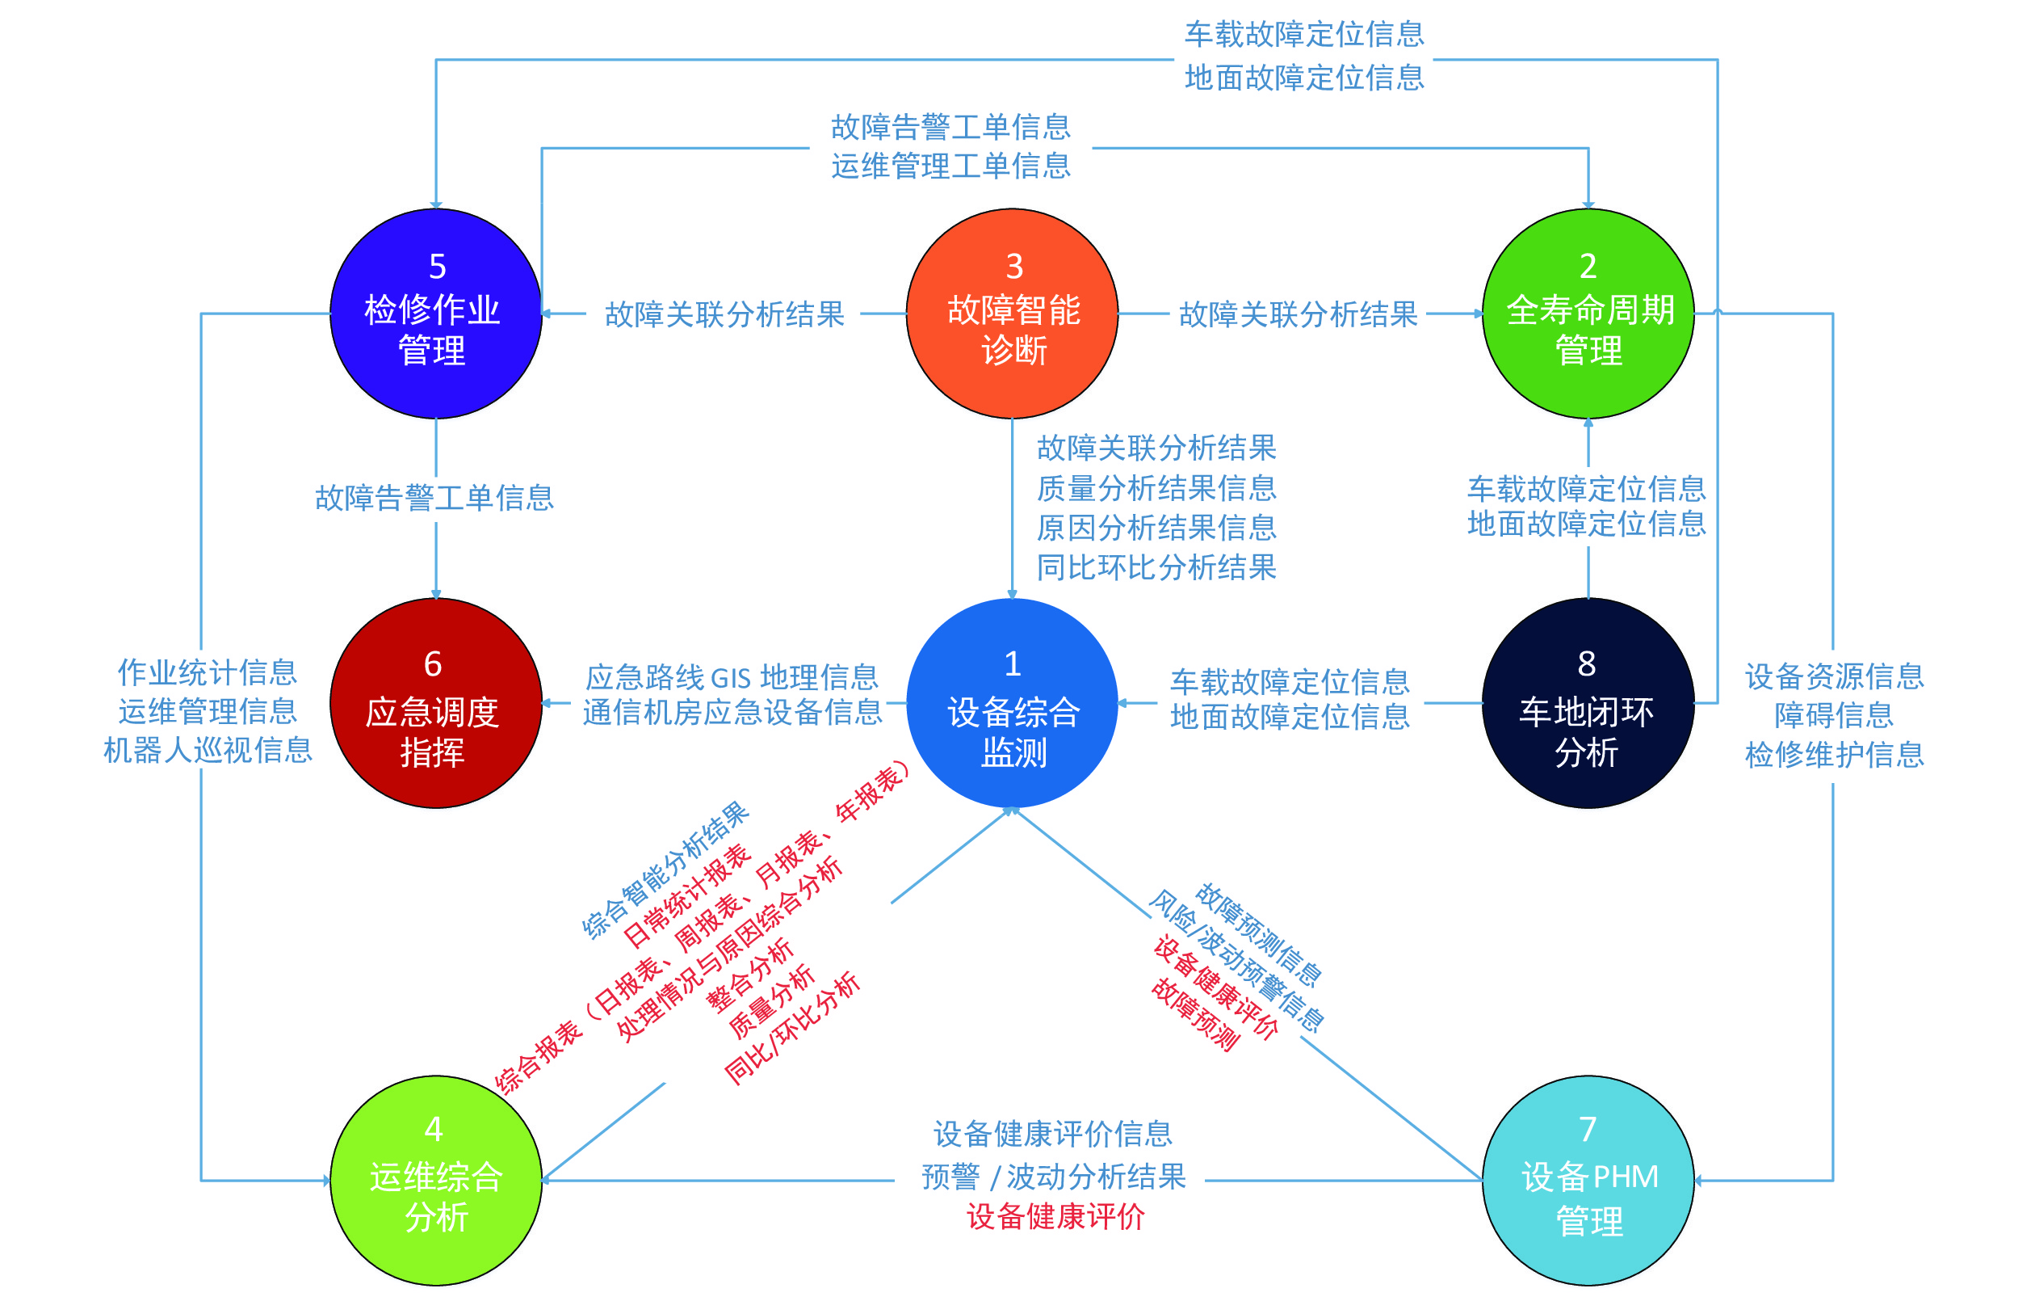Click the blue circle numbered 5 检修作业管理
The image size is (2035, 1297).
pyautogui.click(x=435, y=314)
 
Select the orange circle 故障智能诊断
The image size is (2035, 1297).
pyautogui.click(x=1012, y=314)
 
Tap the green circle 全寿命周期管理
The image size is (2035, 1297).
pyautogui.click(x=1588, y=314)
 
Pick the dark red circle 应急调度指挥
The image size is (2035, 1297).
pyautogui.click(x=435, y=702)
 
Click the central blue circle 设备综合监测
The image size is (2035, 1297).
pyautogui.click(x=1012, y=702)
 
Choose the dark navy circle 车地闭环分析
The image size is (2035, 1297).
pyautogui.click(x=1588, y=702)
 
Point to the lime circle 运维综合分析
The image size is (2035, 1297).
pyautogui.click(x=435, y=1181)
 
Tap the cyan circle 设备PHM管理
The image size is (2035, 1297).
pyautogui.click(x=1588, y=1181)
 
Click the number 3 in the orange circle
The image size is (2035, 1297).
pyautogui.click(x=1014, y=267)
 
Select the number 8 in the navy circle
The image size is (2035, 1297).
pyautogui.click(x=1586, y=664)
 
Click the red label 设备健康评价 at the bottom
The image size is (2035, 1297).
pyautogui.click(x=1055, y=1217)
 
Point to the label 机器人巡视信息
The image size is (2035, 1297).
pyautogui.click(x=208, y=750)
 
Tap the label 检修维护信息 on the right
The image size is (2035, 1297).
pyautogui.click(x=1834, y=754)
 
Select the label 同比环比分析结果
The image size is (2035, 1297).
pyautogui.click(x=1156, y=567)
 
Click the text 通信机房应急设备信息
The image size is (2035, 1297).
pyautogui.click(x=732, y=713)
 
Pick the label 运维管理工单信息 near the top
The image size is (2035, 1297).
pyautogui.click(x=950, y=166)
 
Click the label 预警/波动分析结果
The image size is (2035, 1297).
pyautogui.click(x=1053, y=1176)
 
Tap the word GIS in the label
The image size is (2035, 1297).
pyautogui.click(x=731, y=678)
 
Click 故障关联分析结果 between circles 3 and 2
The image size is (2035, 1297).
pyautogui.click(x=1298, y=314)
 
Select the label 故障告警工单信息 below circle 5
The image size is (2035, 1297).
pyautogui.click(x=434, y=498)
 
